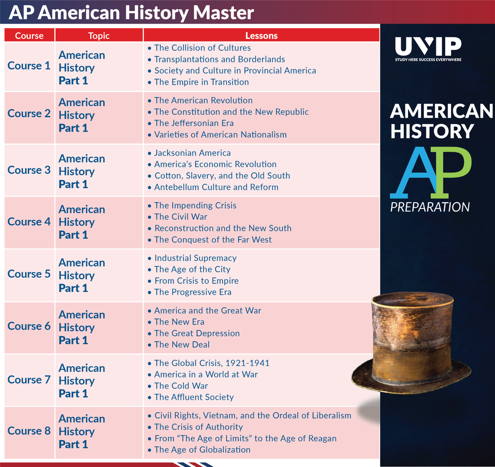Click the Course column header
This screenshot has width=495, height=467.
pos(29,36)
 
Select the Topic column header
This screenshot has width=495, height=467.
pos(99,36)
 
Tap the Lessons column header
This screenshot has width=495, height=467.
pos(262,36)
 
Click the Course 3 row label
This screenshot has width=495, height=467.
pos(29,170)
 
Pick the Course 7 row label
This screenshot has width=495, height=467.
pos(29,379)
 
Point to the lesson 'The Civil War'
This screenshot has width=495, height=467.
pos(181,217)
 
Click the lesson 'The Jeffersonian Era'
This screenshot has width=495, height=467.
pos(194,123)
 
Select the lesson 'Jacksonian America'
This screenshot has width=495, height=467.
pos(192,153)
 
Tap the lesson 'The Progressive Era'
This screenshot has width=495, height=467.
pos(192,292)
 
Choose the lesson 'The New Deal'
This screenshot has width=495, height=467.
pos(182,345)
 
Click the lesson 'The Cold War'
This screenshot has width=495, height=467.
pos(181,386)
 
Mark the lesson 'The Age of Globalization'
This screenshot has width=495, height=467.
pos(203,450)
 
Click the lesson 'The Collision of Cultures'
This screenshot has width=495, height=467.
pos(203,48)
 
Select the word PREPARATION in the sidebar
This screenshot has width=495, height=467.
pos(430,207)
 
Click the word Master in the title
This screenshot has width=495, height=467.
pos(223,13)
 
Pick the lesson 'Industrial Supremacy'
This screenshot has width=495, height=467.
pos(195,258)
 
